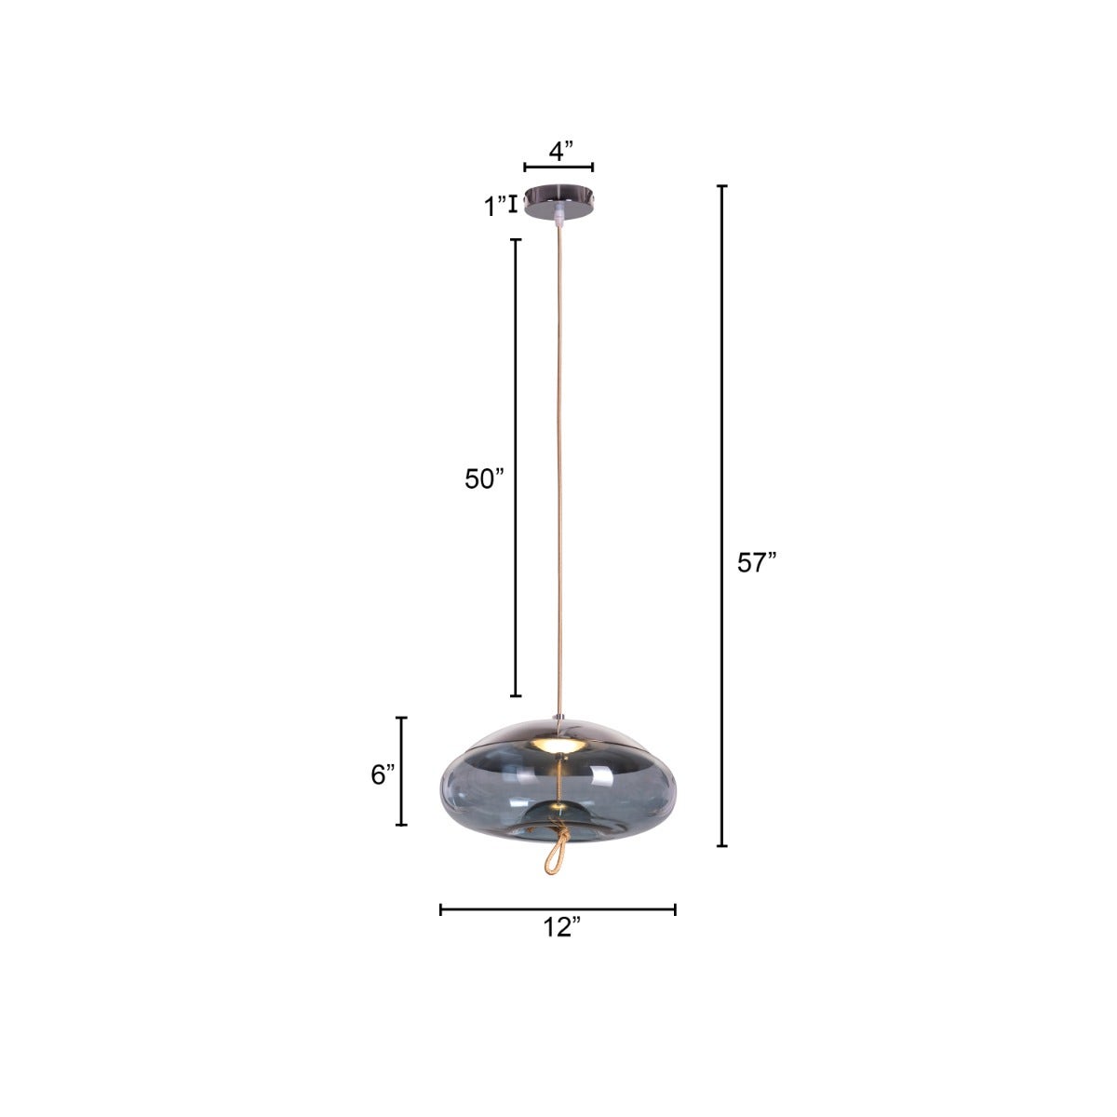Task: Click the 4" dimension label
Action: click(559, 151)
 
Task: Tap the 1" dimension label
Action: click(494, 207)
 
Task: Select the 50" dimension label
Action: click(484, 478)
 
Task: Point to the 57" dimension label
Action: click(756, 563)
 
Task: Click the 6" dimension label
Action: click(384, 774)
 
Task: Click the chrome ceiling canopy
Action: click(558, 201)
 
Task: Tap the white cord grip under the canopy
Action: click(558, 220)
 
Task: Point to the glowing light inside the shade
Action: click(558, 747)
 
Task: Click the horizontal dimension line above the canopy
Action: click(558, 168)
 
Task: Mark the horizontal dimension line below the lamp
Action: click(558, 909)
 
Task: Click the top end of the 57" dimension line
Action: click(721, 187)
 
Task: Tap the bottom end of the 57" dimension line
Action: click(721, 845)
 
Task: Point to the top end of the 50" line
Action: click(516, 240)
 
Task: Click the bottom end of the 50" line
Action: click(516, 695)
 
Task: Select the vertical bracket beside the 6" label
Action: click(402, 771)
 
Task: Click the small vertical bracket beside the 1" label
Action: click(512, 204)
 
